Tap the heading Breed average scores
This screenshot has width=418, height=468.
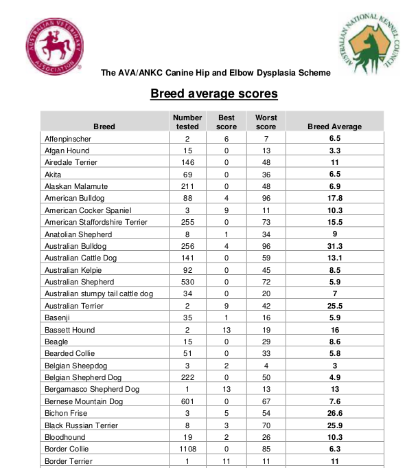213,93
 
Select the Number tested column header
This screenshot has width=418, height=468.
187,122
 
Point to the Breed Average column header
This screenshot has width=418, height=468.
335,126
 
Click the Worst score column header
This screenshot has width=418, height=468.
266,122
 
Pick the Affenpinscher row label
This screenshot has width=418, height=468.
68,139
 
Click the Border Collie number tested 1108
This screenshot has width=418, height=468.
187,449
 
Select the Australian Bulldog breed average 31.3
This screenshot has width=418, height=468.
335,246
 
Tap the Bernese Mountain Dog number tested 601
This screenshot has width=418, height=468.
187,401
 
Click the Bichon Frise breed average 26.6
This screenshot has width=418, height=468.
335,413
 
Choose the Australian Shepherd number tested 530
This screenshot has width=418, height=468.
187,282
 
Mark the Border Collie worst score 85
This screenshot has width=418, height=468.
266,449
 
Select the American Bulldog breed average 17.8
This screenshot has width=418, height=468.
335,198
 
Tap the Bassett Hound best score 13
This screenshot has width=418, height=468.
227,330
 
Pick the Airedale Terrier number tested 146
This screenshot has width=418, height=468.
187,162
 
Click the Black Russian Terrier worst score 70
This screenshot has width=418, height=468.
266,425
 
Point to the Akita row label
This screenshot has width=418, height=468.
53,175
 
